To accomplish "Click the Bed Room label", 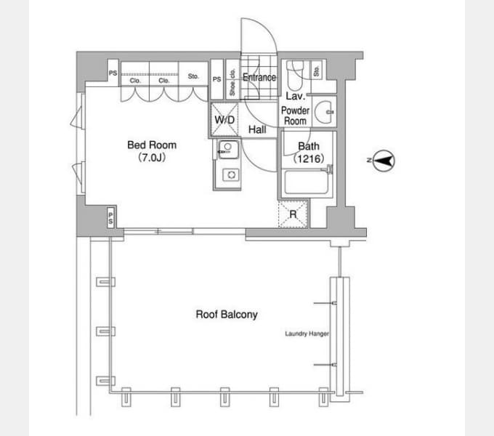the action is tap(152, 145).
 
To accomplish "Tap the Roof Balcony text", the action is tap(227, 315).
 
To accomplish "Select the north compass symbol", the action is tap(383, 161).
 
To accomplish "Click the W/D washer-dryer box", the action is tap(224, 120).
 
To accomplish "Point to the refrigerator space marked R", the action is tap(293, 214).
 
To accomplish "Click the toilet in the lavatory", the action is tap(294, 75).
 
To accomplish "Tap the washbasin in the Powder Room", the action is tap(325, 112).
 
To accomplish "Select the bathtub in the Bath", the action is tap(306, 182).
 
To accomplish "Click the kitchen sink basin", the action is tap(228, 149).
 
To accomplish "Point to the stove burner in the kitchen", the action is tap(231, 174).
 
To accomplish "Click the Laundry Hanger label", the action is tap(307, 334).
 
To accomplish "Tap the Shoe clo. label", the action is tap(232, 82).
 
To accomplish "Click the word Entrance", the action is tap(259, 78).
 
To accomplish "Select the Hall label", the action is tap(257, 129).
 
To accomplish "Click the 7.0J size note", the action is tap(152, 157).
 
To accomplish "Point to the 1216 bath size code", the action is tap(309, 158).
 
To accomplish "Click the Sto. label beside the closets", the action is tap(193, 76).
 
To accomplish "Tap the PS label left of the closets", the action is tap(113, 73).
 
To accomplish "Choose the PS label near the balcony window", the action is tap(110, 218).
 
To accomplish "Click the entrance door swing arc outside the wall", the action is tap(267, 28).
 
